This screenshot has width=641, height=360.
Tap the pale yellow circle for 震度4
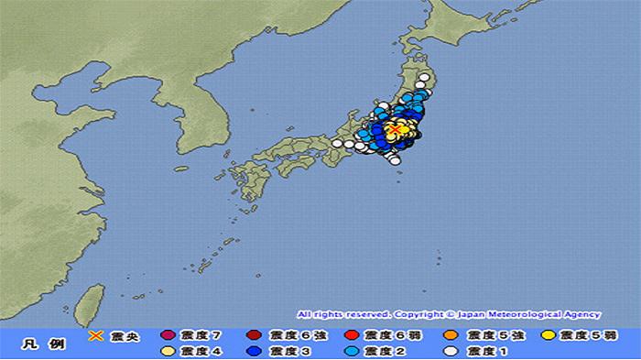167,350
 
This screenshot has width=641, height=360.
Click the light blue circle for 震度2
352,350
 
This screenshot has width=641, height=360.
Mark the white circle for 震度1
451,350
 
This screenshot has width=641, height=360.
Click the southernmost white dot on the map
395,160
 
